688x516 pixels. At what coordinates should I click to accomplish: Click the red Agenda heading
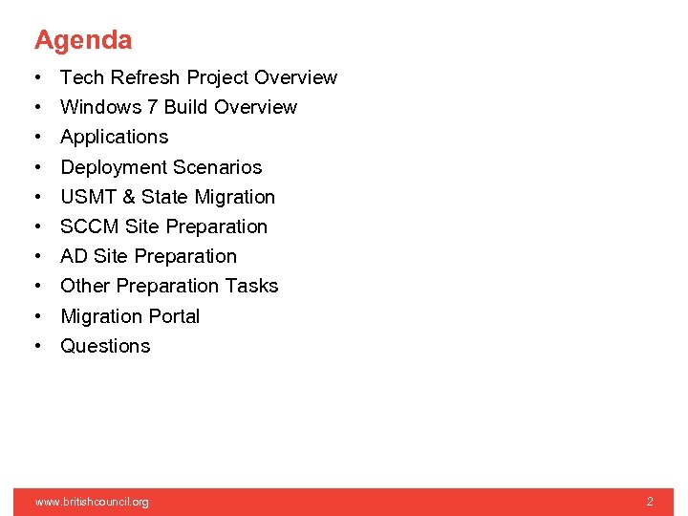[83, 40]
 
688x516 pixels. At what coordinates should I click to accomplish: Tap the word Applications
[114, 137]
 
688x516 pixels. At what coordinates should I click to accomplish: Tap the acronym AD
[74, 256]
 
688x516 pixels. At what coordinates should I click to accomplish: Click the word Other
[84, 286]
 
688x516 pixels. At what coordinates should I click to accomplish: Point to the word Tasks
[251, 286]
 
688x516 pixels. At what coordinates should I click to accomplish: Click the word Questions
[105, 346]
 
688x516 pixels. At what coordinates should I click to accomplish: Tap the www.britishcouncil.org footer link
[92, 502]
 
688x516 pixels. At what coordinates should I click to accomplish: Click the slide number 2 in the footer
[650, 502]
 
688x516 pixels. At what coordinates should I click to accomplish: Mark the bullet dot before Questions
[35, 346]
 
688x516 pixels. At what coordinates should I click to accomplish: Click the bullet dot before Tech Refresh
[35, 77]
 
